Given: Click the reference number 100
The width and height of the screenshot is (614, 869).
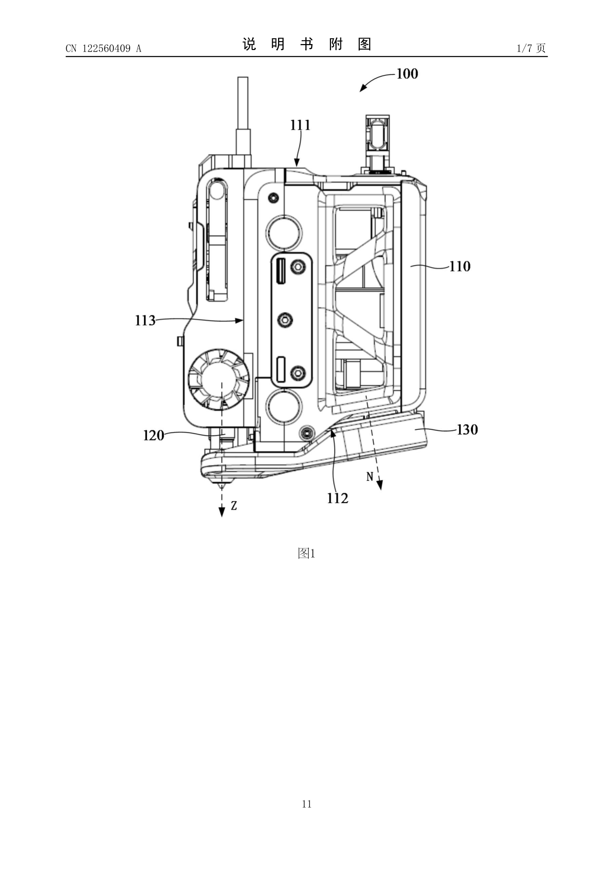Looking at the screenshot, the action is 407,74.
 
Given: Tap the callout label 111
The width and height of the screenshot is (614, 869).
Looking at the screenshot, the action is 300,125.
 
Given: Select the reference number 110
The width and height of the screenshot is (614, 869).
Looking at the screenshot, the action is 460,266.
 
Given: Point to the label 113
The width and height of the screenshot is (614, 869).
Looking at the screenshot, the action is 145,321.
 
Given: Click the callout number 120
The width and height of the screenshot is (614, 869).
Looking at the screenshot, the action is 153,435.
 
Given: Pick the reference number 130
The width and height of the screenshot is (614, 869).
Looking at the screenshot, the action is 467,429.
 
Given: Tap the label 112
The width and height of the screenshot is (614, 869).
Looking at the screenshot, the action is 337,498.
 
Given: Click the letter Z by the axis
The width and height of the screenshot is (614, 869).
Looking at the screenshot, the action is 234,506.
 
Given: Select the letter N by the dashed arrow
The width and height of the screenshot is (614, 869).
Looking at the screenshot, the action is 370,476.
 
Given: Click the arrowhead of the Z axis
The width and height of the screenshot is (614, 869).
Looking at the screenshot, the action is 222,512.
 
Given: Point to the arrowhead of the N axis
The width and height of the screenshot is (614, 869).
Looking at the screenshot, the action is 380,485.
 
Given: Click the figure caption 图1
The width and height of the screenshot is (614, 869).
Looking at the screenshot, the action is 306,554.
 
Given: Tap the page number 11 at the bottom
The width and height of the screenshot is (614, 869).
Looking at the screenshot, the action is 307,804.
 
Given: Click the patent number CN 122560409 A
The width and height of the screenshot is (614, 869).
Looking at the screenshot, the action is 103,49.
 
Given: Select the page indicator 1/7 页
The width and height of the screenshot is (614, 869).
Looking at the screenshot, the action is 531,48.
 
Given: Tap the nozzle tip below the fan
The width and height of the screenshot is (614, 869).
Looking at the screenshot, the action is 222,487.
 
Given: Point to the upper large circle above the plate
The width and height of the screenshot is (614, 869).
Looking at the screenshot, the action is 284,233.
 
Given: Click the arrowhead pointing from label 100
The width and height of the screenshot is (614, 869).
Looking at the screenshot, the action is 363,88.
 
